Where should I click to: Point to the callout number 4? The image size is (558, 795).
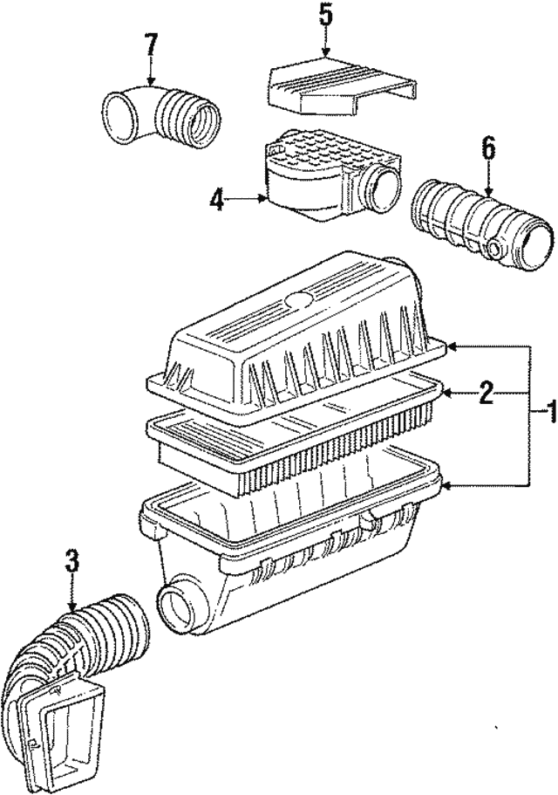217,200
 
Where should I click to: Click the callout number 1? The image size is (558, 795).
545,416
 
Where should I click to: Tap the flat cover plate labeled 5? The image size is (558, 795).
343,89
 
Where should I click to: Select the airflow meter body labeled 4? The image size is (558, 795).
331,180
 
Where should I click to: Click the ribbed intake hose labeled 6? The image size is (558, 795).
481,224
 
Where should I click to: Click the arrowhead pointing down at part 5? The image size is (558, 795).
325,51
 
